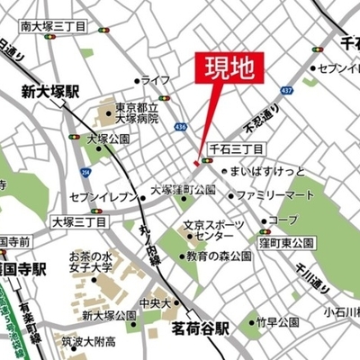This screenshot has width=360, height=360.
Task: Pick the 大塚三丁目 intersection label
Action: click(x=78, y=220)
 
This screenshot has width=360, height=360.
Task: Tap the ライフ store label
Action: click(x=155, y=80)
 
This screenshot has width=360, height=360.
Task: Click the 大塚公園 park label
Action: click(x=108, y=139)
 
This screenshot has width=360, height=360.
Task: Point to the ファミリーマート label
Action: click(x=282, y=194)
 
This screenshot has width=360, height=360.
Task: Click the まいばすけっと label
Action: click(x=267, y=171)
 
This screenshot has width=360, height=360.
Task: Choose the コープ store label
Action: click(x=283, y=220)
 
